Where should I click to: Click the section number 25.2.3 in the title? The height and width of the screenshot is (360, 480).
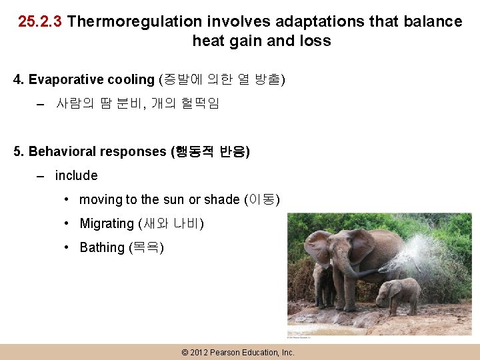40,21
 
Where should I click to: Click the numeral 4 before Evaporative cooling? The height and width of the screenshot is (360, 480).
18,80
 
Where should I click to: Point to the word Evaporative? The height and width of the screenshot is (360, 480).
61,80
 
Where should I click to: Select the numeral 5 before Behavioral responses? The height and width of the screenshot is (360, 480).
18,151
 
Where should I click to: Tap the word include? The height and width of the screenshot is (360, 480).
76,175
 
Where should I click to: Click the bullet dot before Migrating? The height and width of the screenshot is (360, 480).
67,224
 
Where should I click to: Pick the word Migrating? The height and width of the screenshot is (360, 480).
107,224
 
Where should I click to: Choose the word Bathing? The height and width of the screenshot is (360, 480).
102,248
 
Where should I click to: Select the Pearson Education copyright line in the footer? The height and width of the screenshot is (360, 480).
237,352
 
